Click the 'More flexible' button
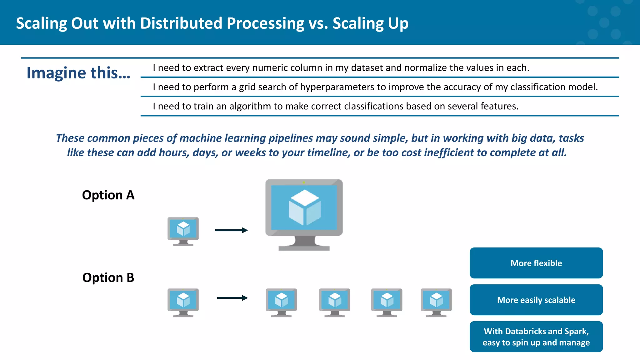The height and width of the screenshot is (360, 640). pyautogui.click(x=536, y=263)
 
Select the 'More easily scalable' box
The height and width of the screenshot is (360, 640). pyautogui.click(x=536, y=300)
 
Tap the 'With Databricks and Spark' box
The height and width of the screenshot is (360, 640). pyautogui.click(x=536, y=337)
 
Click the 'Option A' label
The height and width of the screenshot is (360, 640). pyautogui.click(x=108, y=195)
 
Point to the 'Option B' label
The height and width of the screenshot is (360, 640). pyautogui.click(x=108, y=277)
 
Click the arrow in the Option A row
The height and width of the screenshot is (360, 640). pyautogui.click(x=231, y=230)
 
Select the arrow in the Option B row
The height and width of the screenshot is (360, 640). pyautogui.click(x=232, y=298)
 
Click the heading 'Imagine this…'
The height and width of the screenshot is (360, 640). pyautogui.click(x=78, y=72)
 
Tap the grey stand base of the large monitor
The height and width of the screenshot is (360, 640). pyautogui.click(x=304, y=248)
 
